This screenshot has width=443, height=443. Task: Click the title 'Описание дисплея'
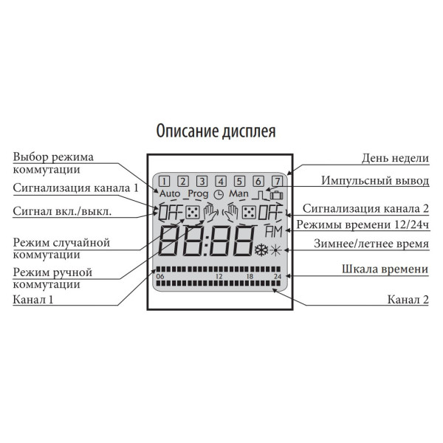[216, 131]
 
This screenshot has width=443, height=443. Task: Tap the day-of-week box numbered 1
[164, 181]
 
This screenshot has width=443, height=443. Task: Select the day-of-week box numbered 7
[277, 181]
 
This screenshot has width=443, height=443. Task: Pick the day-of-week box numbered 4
[221, 181]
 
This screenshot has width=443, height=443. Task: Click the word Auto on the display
[170, 193]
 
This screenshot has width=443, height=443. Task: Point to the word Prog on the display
[198, 194]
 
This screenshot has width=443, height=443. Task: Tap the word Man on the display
[238, 193]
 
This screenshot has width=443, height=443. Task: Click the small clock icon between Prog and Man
[219, 194]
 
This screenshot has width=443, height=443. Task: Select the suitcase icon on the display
[277, 195]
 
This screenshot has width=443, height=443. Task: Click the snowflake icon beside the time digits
[261, 250]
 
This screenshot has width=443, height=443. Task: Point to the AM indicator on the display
[274, 232]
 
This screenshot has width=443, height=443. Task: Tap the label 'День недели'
[395, 159]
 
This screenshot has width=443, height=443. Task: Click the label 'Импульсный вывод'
[375, 181]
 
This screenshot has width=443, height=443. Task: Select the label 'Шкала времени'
[385, 269]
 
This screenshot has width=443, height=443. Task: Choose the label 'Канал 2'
[408, 300]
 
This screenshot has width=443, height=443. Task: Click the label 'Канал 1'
[33, 300]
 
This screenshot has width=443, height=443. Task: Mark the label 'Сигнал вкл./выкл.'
[62, 211]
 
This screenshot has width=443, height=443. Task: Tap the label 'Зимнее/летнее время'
[371, 244]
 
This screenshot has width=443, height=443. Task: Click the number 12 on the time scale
[219, 276]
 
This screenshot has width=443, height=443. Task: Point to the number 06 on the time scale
[160, 276]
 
